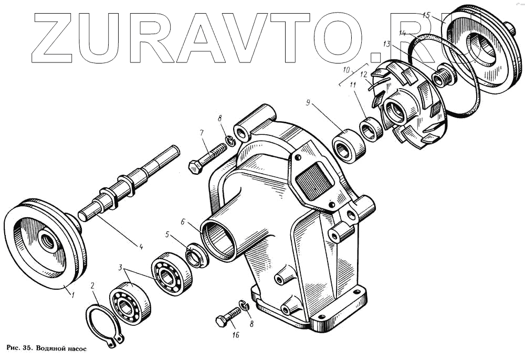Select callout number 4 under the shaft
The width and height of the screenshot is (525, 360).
pyautogui.click(x=141, y=245)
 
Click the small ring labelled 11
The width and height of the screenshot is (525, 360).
pyautogui.click(x=370, y=130)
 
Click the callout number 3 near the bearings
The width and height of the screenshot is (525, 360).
pyautogui.click(x=121, y=268)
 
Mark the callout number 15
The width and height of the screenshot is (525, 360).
pyautogui.click(x=426, y=15)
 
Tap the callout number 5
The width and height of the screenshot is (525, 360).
pyautogui.click(x=167, y=235)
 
